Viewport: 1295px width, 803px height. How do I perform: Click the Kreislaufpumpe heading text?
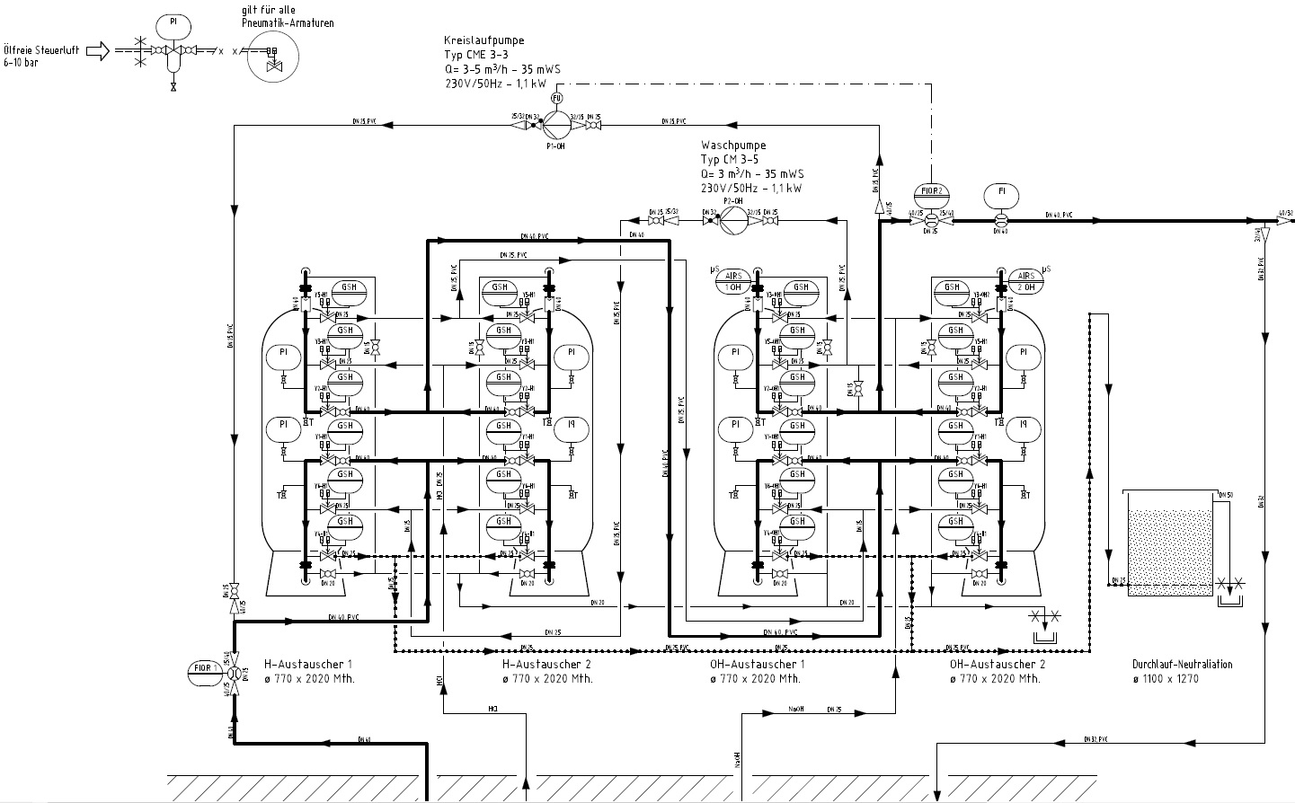tap(483, 41)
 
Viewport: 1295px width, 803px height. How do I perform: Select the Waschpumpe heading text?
tap(733, 146)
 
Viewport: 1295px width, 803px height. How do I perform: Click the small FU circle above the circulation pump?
tap(556, 97)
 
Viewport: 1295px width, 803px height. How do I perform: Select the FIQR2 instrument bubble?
tap(931, 191)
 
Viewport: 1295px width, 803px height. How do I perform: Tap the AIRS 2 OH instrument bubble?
tap(1025, 280)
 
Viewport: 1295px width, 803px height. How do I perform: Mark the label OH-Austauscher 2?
tap(997, 665)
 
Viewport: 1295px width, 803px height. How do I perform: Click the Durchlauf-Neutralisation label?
tap(1182, 665)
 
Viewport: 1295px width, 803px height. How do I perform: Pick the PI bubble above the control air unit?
tap(173, 22)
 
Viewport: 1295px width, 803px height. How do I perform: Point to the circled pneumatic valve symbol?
tap(272, 57)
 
